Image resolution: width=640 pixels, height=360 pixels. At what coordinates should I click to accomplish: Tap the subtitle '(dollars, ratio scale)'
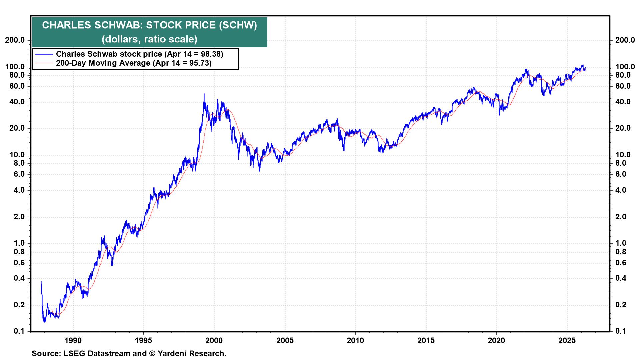[x=149, y=39]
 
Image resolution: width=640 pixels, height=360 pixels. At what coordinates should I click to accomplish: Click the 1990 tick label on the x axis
[x=73, y=340]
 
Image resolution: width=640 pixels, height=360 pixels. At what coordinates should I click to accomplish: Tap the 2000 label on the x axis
[x=214, y=340]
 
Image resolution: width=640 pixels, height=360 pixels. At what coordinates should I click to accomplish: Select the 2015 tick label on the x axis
[x=426, y=340]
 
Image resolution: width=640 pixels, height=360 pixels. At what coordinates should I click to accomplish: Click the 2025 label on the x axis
[x=567, y=340]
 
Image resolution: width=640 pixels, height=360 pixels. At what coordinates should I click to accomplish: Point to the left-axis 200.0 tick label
[x=14, y=40]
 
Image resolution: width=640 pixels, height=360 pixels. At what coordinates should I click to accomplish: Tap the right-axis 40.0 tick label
[x=623, y=102]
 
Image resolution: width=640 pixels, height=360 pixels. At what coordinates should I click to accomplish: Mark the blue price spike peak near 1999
[x=204, y=94]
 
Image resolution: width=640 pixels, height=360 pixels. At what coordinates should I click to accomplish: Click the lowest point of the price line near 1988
[x=45, y=322]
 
